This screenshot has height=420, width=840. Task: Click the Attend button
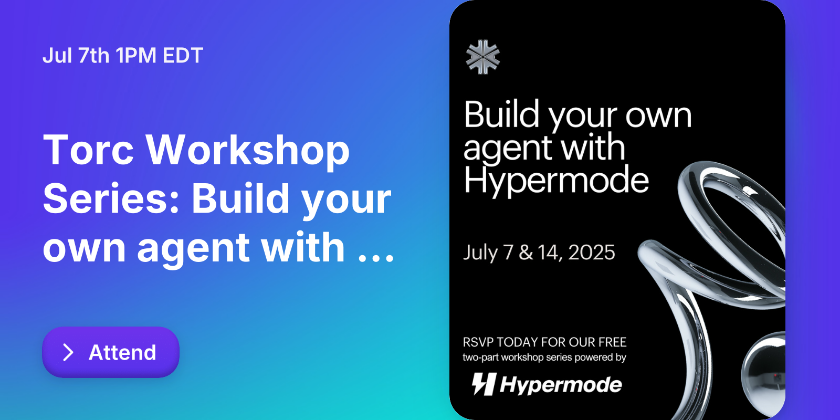tap(111, 352)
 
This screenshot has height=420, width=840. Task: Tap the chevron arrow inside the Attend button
tap(68, 352)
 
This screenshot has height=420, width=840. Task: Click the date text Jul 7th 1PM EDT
tap(123, 56)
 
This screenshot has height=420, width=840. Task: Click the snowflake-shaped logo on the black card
tap(483, 57)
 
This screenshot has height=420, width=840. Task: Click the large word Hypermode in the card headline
tap(556, 180)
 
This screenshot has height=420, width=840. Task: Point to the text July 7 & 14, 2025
tap(539, 253)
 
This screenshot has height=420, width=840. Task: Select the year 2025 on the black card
tap(591, 253)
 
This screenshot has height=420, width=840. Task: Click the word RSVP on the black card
tap(478, 342)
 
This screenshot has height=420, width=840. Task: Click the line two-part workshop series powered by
tap(544, 358)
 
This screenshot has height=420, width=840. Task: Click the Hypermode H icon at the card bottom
tap(484, 384)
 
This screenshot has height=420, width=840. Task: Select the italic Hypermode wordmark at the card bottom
tap(561, 385)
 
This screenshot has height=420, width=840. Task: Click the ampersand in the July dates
tap(526, 253)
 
